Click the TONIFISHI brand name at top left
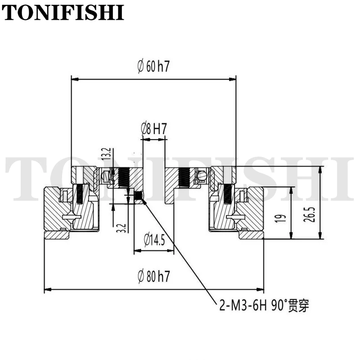pyautogui.click(x=63, y=12)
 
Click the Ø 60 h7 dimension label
pyautogui.click(x=153, y=66)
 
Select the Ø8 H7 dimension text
pyautogui.click(x=153, y=129)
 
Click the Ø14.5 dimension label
pyautogui.click(x=154, y=240)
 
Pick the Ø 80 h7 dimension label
pyautogui.click(x=153, y=276)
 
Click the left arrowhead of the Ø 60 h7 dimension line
pyautogui.click(x=75, y=79)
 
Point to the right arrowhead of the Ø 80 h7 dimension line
pyautogui.click(x=260, y=289)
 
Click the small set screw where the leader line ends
pyautogui.click(x=139, y=195)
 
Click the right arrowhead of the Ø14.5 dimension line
pyautogui.click(x=171, y=251)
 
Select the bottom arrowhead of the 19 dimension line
pyautogui.click(x=291, y=235)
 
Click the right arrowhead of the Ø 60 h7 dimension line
pyautogui.click(x=232, y=79)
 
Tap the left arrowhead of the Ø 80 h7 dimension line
pyautogui.click(x=48, y=289)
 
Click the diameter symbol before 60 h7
pyautogui.click(x=140, y=66)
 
